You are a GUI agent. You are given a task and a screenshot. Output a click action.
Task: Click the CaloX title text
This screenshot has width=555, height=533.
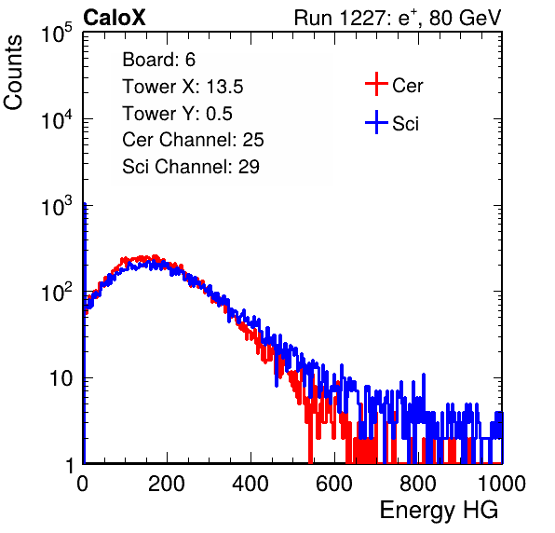point(115,18)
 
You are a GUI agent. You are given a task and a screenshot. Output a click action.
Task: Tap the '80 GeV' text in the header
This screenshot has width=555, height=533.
point(465,18)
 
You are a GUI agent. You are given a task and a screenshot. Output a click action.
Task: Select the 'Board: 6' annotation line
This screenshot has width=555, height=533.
point(158,60)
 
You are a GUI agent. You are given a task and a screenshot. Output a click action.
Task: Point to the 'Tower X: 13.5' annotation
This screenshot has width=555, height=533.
point(183,87)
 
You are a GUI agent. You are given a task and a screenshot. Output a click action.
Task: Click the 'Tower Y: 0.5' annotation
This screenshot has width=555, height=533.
point(177,114)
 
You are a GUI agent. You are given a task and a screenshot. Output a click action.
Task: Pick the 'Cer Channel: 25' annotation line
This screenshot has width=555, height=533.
point(193,140)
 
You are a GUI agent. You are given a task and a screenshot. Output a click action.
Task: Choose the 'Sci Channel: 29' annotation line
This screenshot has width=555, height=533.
point(191,167)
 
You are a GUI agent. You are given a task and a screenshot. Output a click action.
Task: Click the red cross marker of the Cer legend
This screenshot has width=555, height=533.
point(376,84)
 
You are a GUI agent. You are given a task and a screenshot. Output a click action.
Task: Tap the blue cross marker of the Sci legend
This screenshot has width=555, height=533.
point(376,122)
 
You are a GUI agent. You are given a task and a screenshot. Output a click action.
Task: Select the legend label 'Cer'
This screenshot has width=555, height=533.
point(407,86)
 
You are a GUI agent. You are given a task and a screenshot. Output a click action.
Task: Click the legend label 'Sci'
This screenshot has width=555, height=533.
point(405,124)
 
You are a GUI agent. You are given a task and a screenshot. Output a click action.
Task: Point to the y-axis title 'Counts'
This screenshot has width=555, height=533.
point(13,73)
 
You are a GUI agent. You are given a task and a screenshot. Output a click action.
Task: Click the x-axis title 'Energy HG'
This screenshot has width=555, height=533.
point(439,511)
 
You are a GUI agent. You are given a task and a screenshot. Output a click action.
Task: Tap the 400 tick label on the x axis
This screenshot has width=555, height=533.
point(250,484)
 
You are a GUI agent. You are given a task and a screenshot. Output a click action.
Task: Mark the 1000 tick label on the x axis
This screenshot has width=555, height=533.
point(502,484)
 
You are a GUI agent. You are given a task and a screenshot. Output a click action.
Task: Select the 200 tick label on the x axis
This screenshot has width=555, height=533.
point(167,484)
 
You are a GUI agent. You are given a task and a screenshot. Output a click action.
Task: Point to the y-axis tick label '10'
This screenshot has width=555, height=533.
point(61,379)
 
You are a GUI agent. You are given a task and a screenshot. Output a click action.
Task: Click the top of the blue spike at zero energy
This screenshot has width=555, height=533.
point(85,204)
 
